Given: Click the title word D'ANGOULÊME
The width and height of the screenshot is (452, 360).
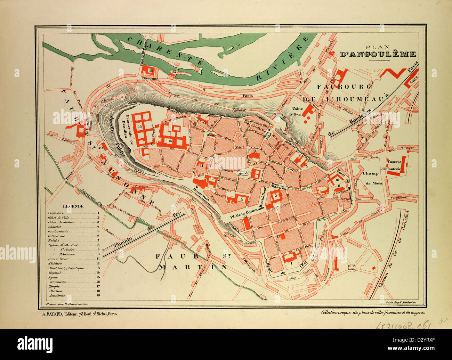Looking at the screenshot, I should coord(378,54).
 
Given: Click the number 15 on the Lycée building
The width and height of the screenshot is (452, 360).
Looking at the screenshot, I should coord(139,128).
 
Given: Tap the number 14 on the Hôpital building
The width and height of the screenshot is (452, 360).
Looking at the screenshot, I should coord(169,141).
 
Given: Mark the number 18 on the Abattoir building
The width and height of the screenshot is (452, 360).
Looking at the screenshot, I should coord(151,71).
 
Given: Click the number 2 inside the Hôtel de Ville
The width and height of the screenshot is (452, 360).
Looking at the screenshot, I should coord(275,196).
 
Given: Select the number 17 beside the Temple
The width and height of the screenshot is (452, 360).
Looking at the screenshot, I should coord(278,236).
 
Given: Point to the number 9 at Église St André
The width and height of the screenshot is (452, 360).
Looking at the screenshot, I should coord(254,151).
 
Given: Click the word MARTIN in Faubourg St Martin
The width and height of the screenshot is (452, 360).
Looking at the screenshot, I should coord(192,267).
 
